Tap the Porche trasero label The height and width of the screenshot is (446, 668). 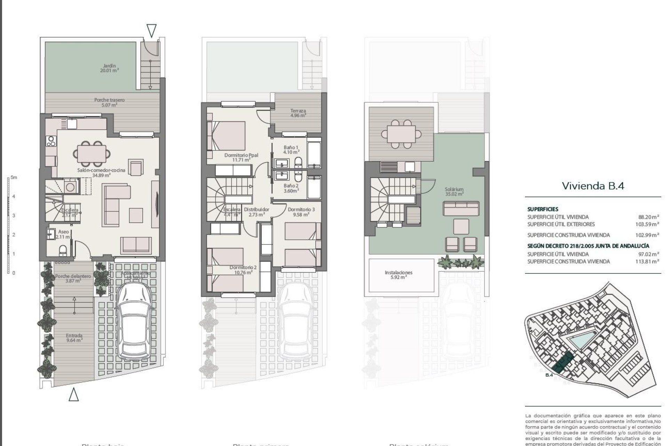point(109,102)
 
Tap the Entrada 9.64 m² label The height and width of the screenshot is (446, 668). point(74,338)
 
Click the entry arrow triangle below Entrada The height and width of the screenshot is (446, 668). point(73,395)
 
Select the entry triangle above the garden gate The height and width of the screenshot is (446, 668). point(151,31)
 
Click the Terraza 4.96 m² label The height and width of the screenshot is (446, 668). point(298,113)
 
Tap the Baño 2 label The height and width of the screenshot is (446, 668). point(291,188)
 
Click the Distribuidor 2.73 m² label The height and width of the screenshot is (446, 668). point(256,212)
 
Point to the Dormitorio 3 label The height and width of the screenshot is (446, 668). point(301,212)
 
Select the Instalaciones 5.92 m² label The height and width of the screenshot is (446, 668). point(398,275)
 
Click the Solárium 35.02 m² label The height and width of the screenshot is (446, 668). point(454,192)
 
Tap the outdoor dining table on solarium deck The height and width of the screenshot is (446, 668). point(398,133)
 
